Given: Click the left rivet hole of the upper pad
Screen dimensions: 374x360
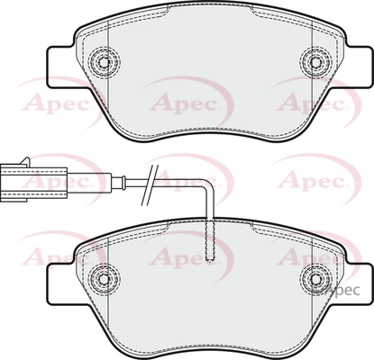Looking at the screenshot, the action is pyautogui.click(x=104, y=62).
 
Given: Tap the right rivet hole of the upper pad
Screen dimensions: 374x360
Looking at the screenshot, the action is pyautogui.click(x=315, y=62).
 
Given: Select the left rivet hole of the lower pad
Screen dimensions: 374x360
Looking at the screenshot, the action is pyautogui.click(x=104, y=279).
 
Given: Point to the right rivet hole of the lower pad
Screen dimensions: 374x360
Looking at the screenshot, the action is pyautogui.click(x=315, y=279).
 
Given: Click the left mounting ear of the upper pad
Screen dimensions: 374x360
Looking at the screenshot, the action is pyautogui.click(x=61, y=67).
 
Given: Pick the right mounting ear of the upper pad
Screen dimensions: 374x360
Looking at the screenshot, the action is pyautogui.click(x=357, y=67).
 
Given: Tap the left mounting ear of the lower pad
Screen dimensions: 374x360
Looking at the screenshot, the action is pyautogui.click(x=61, y=283).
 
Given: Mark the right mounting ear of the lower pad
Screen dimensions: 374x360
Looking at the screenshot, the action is pyautogui.click(x=357, y=283).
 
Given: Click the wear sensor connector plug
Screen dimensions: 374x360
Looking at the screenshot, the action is pyautogui.click(x=33, y=183).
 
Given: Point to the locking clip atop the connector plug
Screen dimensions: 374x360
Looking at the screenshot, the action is pyautogui.click(x=24, y=161).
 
